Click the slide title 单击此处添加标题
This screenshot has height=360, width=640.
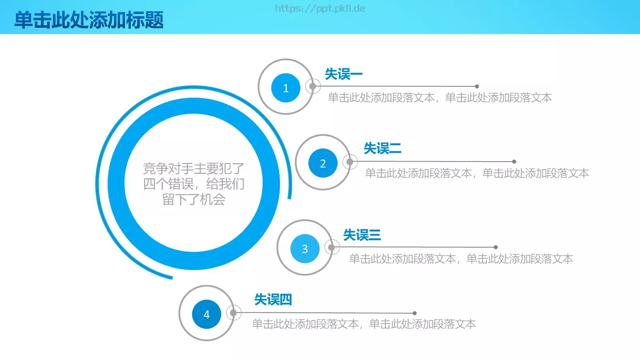pos(89,20)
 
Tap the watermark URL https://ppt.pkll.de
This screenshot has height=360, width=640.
pos(320,8)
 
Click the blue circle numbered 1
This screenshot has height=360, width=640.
pos(286,88)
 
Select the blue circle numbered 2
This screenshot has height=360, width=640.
pos(323,163)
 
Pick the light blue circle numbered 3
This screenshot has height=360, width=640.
pos(305,249)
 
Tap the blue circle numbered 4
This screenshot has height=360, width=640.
pos(206,314)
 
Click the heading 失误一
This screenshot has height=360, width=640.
pos(343,74)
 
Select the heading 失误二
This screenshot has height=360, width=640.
pos(382,148)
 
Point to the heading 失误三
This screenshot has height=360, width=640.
pos(362,235)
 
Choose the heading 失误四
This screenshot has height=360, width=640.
pos(273,300)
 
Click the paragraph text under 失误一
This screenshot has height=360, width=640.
pos(440,98)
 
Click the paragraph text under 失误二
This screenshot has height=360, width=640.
pos(477,173)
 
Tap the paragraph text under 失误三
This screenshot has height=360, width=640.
pos(461,259)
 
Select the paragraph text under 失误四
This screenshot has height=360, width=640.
pos(364,324)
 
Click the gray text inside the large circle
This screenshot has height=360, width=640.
pos(194,184)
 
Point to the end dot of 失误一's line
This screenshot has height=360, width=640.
pos(477,86)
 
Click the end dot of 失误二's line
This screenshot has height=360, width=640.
pos(514,162)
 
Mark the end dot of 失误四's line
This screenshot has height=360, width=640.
pos(415,313)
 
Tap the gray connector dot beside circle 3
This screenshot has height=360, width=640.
pos(331,247)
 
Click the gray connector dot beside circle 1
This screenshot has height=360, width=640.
pos(312,86)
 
